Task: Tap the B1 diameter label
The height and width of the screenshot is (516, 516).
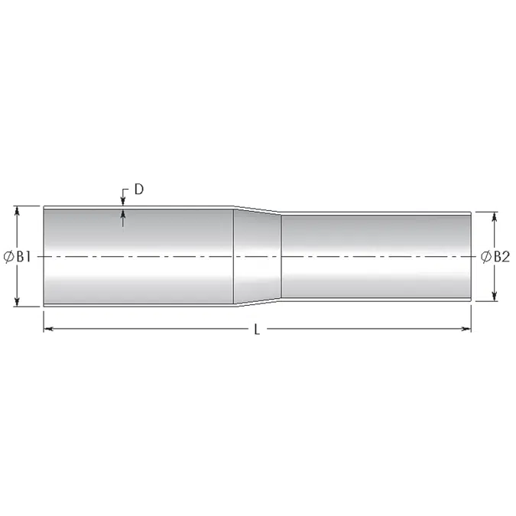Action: point(22,257)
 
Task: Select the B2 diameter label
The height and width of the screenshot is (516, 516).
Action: point(500,257)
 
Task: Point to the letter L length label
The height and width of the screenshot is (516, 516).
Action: point(258,329)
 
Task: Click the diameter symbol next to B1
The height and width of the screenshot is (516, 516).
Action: point(8,257)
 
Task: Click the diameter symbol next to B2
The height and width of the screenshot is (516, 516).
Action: point(486,257)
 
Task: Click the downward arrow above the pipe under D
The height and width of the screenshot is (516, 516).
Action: point(124,200)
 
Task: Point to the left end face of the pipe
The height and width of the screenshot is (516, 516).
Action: point(44,257)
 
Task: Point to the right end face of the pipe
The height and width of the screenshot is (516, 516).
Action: point(469,257)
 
